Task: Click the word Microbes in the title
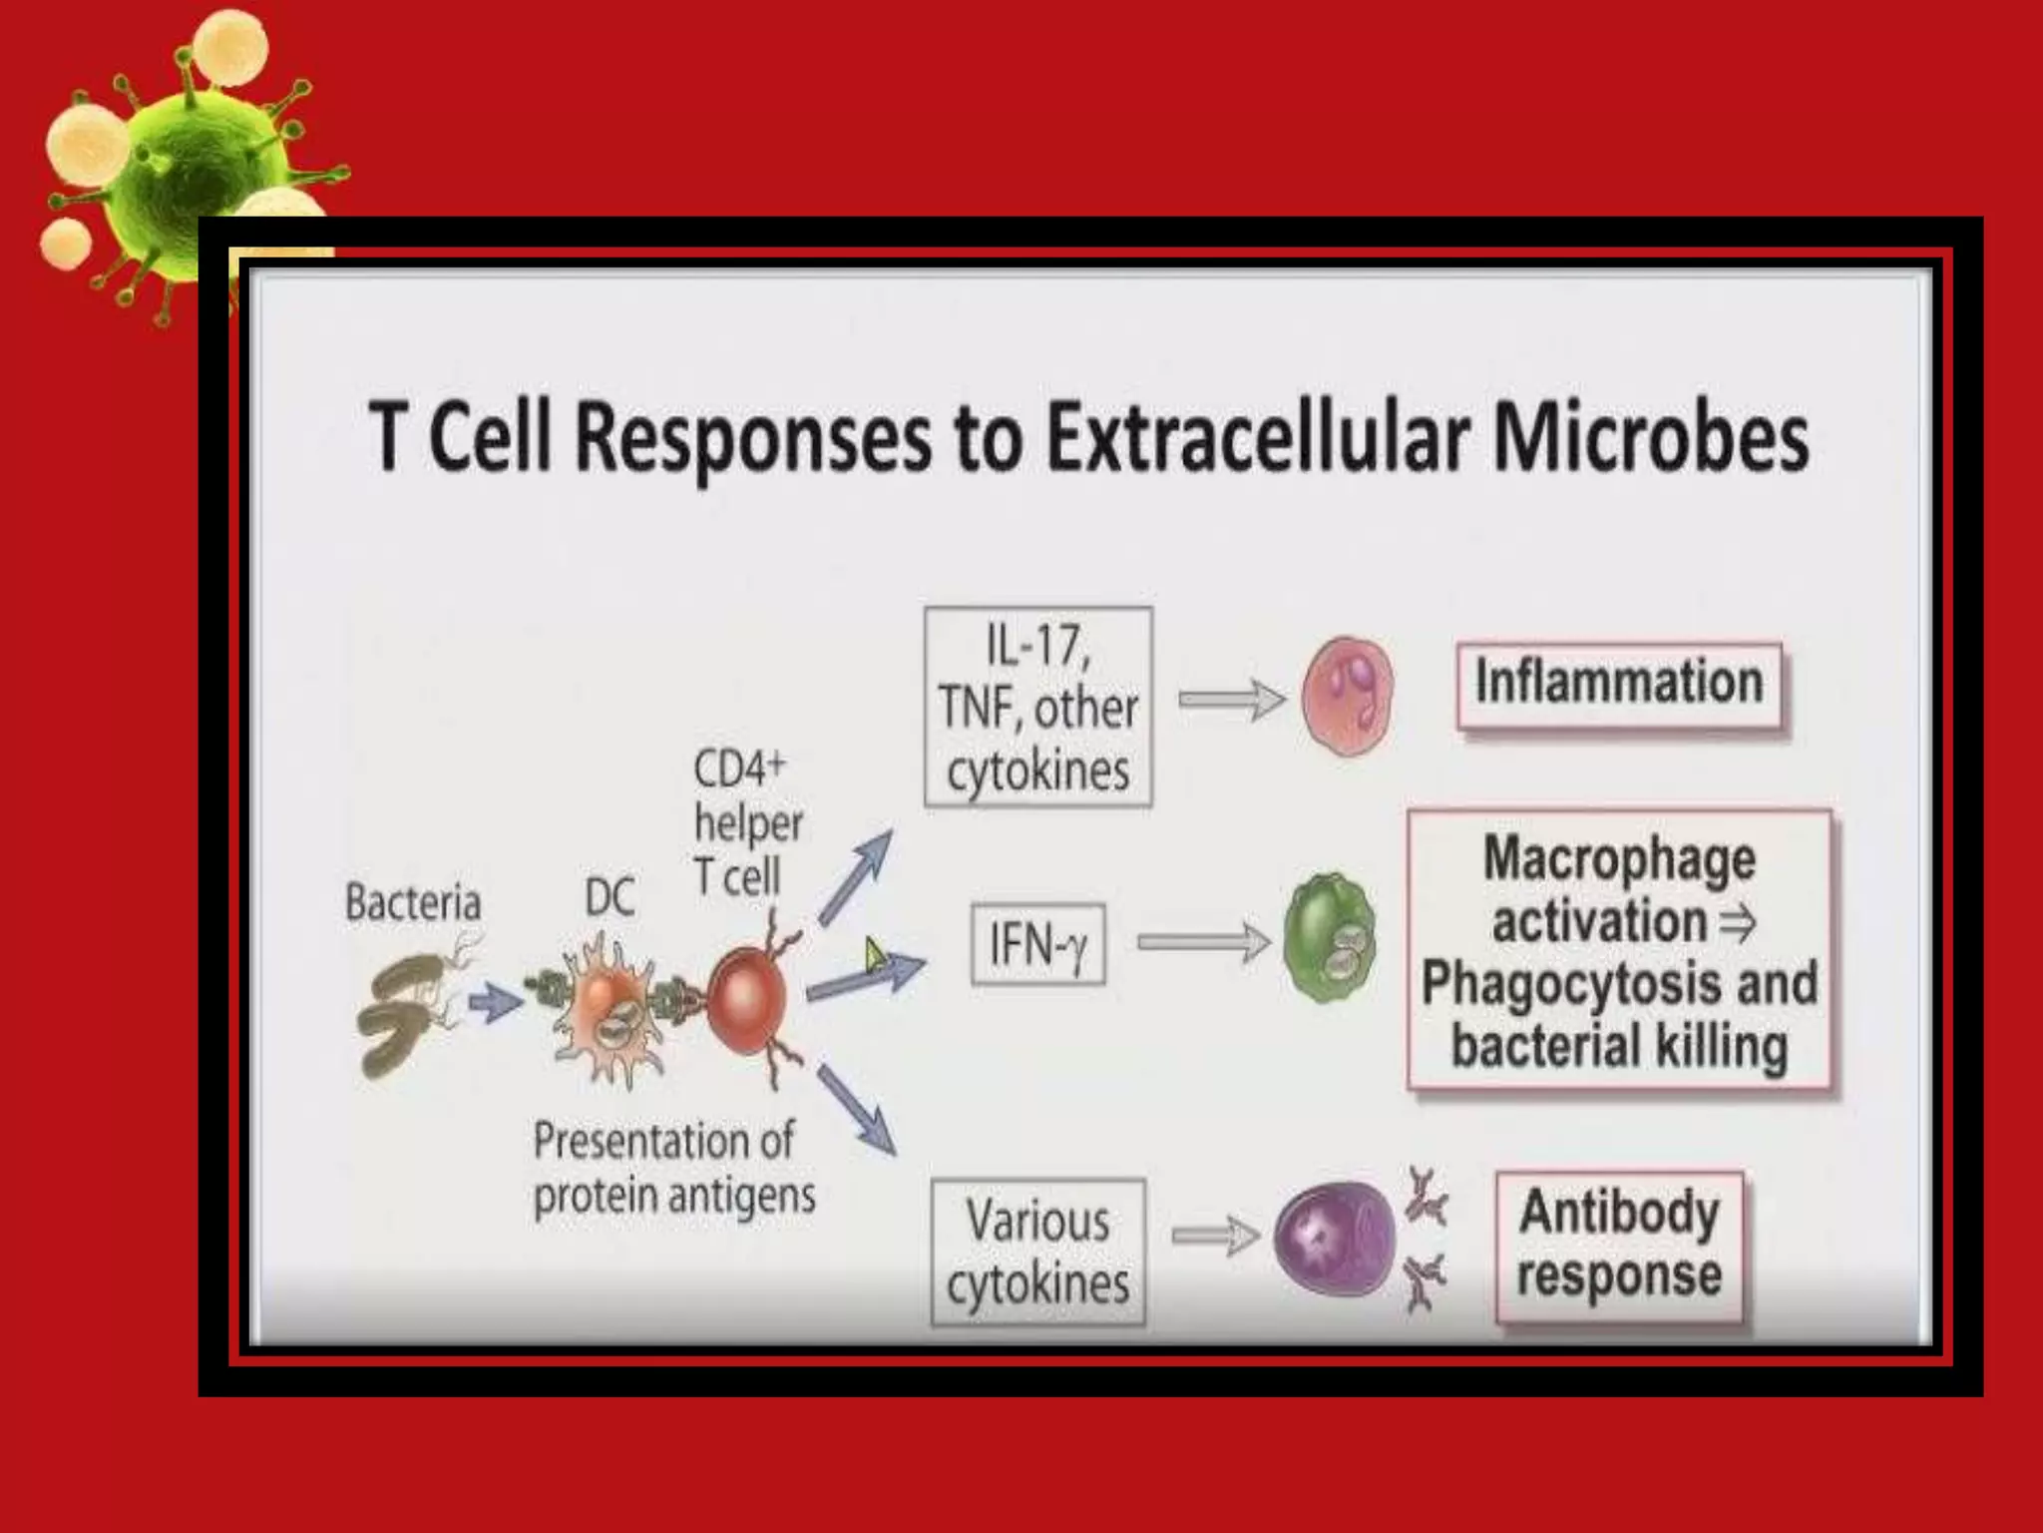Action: point(1650,436)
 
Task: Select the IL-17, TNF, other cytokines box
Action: point(1037,707)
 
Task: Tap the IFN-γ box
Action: point(1037,944)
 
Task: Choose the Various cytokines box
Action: point(1037,1252)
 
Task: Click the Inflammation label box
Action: point(1619,684)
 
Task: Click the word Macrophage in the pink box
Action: point(1618,858)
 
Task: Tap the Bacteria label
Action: point(412,902)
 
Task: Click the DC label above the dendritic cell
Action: point(610,897)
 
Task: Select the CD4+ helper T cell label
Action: point(746,823)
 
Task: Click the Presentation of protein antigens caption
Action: point(672,1168)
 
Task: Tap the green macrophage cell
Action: point(1329,938)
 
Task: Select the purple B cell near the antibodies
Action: point(1333,1238)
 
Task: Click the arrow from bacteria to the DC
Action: point(495,1001)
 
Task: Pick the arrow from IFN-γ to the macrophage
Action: point(1203,942)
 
